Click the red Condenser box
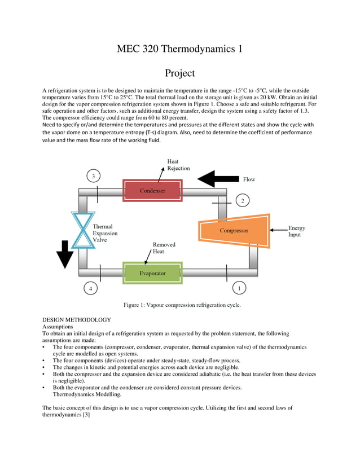pyautogui.click(x=152, y=191)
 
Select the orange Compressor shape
pyautogui.click(x=234, y=230)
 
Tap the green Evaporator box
pyautogui.click(x=152, y=273)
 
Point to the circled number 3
pyautogui.click(x=94, y=176)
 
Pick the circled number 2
pyautogui.click(x=242, y=200)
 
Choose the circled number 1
pyautogui.click(x=239, y=288)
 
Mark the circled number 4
pyautogui.click(x=90, y=289)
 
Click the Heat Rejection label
pyautogui.click(x=178, y=165)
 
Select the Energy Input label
pyautogui.click(x=296, y=231)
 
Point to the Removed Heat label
pyautogui.click(x=164, y=248)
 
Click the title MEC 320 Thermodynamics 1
pyautogui.click(x=179, y=49)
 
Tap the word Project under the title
pyautogui.click(x=179, y=73)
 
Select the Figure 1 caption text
pyautogui.click(x=182, y=305)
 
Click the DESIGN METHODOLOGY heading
pyautogui.click(x=77, y=320)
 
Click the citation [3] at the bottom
pyautogui.click(x=86, y=415)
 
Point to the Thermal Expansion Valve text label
pyautogui.click(x=106, y=233)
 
